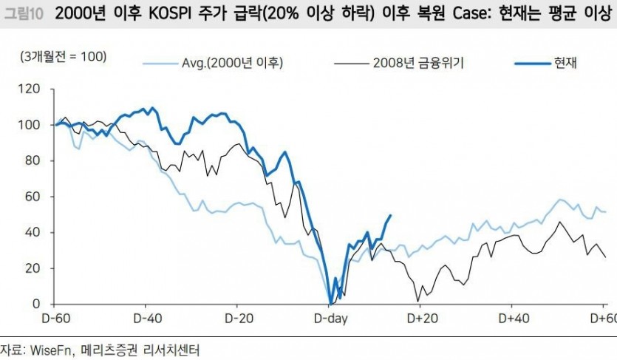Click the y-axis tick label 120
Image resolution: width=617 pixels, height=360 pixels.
click(x=33, y=89)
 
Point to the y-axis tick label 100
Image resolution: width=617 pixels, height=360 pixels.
click(x=33, y=125)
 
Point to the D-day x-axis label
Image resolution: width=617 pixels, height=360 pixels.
click(x=330, y=319)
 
